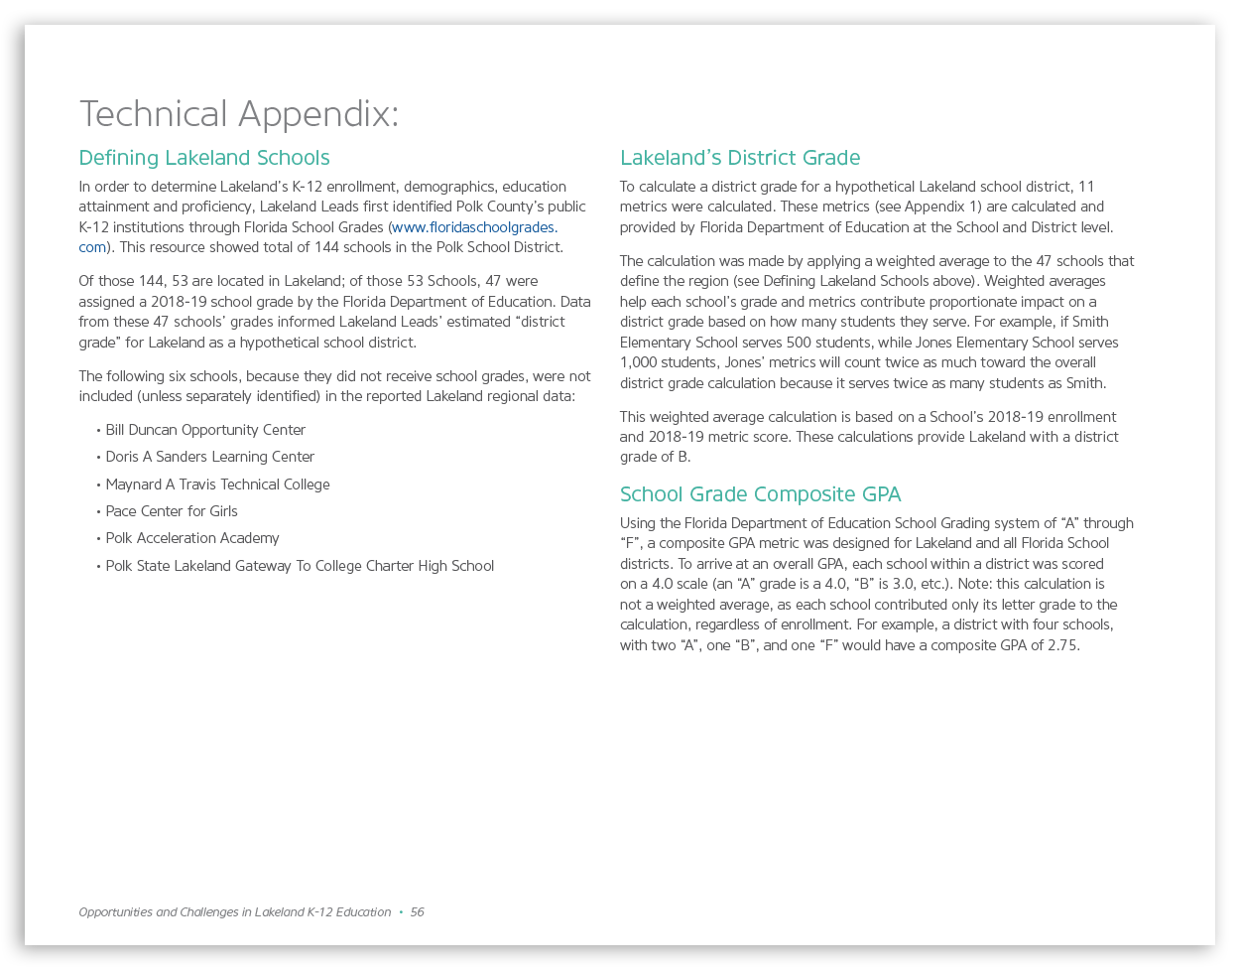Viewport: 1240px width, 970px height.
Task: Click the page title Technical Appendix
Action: pyautogui.click(x=238, y=114)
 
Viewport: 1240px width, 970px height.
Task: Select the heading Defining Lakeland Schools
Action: pyautogui.click(x=204, y=158)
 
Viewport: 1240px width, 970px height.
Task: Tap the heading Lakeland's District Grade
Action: pyautogui.click(x=740, y=158)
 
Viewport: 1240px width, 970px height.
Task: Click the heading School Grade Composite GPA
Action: pyautogui.click(x=760, y=494)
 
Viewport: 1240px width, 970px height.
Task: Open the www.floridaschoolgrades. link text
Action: pyautogui.click(x=475, y=227)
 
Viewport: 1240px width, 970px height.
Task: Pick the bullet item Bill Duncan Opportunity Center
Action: pyautogui.click(x=205, y=430)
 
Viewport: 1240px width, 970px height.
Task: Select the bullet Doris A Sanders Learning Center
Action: pyautogui.click(x=209, y=457)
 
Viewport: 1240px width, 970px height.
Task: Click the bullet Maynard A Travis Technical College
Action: pyautogui.click(x=217, y=485)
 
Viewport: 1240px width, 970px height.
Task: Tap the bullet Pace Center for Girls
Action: pyautogui.click(x=172, y=511)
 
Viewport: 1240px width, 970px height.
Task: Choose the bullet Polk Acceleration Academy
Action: pyautogui.click(x=192, y=538)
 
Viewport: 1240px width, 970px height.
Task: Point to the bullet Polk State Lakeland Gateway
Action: pyautogui.click(x=300, y=566)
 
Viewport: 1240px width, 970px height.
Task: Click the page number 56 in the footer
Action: pyautogui.click(x=418, y=912)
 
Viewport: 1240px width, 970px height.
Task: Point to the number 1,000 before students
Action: pyautogui.click(x=638, y=362)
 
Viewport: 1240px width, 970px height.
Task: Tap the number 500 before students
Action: pyautogui.click(x=799, y=343)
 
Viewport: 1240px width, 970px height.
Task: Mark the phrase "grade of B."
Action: pyautogui.click(x=655, y=457)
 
